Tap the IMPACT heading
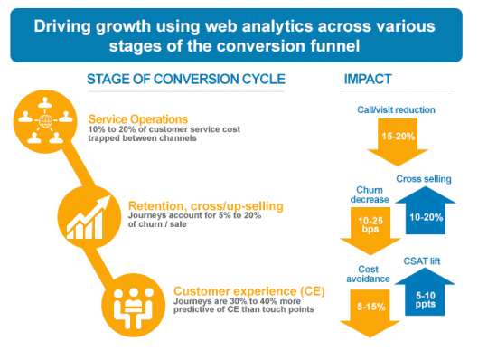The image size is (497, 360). pyautogui.click(x=368, y=79)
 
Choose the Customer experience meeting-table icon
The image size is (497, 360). pyautogui.click(x=132, y=303)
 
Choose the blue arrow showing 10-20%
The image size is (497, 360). pyautogui.click(x=424, y=210)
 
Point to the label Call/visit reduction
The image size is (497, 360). pyautogui.click(x=396, y=110)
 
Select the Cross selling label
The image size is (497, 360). pyautogui.click(x=423, y=178)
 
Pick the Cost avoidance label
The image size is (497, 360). pyautogui.click(x=368, y=275)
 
